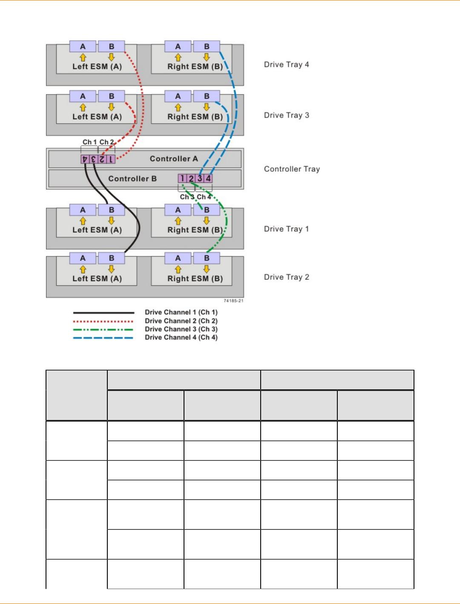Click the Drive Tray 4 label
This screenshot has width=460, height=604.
tap(286, 65)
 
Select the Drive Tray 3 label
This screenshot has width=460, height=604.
tap(286, 115)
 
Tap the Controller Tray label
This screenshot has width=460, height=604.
tap(292, 169)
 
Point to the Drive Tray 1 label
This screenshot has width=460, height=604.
tap(286, 229)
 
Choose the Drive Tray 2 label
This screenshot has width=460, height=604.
tap(286, 277)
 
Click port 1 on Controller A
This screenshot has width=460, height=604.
tap(111, 159)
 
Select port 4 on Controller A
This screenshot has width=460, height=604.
tap(85, 159)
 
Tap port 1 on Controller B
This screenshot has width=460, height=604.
tap(182, 178)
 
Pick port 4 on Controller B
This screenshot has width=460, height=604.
tap(208, 178)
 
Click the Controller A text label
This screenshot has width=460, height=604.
tap(174, 159)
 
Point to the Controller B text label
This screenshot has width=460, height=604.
tap(132, 179)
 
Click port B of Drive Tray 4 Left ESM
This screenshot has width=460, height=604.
tap(112, 46)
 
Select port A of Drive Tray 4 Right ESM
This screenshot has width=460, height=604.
tap(178, 46)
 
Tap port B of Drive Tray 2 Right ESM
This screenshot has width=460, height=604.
tap(207, 258)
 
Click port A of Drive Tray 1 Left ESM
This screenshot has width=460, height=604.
tap(83, 210)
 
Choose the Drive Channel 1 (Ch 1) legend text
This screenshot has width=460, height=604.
tap(181, 312)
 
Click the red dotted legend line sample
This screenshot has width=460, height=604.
tap(103, 321)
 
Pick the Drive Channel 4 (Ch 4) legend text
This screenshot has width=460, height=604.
tap(181, 337)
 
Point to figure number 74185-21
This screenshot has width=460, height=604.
tap(233, 301)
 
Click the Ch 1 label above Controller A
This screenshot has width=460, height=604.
tap(89, 142)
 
